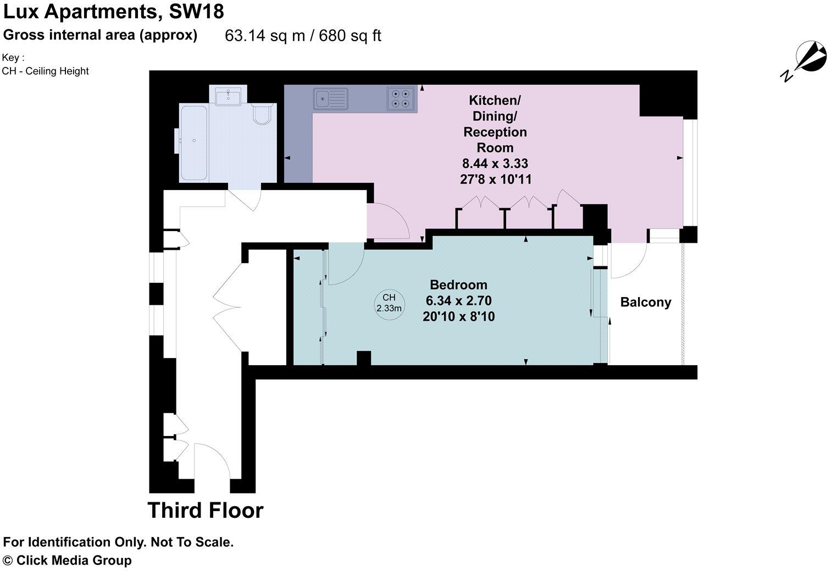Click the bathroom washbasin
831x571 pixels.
pyautogui.click(x=226, y=97)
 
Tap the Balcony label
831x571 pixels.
pyautogui.click(x=645, y=302)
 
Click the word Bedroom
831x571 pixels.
pyautogui.click(x=458, y=284)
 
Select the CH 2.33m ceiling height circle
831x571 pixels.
pyautogui.click(x=389, y=303)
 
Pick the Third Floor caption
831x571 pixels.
pyautogui.click(x=206, y=510)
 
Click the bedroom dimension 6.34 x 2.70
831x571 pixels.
pyautogui.click(x=458, y=300)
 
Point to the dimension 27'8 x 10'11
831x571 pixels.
pyautogui.click(x=495, y=179)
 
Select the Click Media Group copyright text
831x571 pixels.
pyautogui.click(x=68, y=560)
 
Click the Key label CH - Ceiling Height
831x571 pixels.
pyautogui.click(x=46, y=71)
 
